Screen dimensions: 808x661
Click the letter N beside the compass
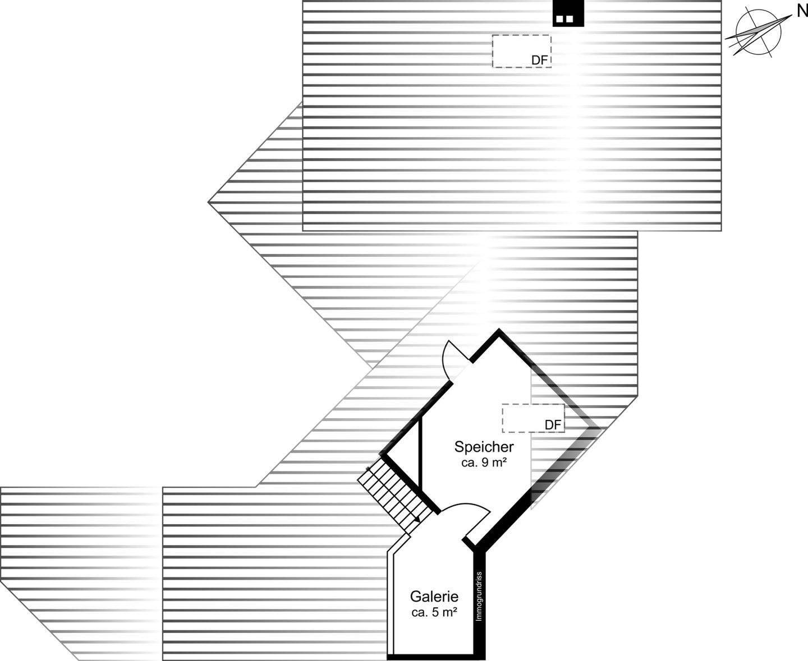point(798,11)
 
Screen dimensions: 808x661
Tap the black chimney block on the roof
point(568,14)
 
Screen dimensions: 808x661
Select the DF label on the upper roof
point(539,60)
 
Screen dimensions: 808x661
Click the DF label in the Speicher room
point(553,425)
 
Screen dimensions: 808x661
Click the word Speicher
point(484,447)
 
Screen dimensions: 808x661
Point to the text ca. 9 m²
point(484,463)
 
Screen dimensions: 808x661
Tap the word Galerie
point(434,597)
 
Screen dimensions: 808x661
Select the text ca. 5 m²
point(434,613)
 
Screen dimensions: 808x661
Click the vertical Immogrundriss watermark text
point(479,597)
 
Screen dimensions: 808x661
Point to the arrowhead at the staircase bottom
point(417,520)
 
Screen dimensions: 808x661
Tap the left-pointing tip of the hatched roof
point(209,202)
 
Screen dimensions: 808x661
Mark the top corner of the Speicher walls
point(498,332)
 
